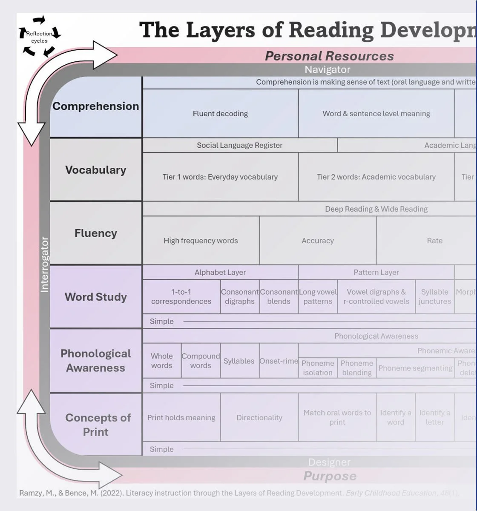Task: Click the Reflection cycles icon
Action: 40,37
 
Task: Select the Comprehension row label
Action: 96,106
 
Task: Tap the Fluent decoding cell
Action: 220,114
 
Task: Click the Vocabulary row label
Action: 96,170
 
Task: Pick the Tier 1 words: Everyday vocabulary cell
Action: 220,177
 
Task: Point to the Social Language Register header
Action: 239,145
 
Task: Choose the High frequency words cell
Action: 201,241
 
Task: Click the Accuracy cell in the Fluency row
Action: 317,241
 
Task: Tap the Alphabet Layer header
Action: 220,272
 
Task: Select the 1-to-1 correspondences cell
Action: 181,296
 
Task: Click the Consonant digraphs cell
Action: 239,296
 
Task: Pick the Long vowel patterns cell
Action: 318,296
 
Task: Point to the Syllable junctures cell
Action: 434,296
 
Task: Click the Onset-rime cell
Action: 279,361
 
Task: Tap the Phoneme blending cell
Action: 356,367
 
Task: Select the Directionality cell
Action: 259,417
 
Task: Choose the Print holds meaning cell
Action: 181,417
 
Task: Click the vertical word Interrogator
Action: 45,264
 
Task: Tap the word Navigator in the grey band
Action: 327,69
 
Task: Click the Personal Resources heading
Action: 329,56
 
